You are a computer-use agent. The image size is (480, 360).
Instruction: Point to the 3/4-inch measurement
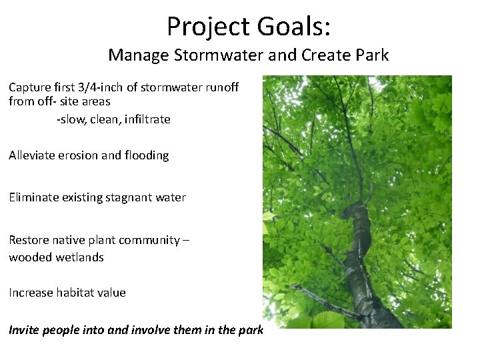coord(99,87)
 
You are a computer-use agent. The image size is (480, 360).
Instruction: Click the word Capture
coord(29,87)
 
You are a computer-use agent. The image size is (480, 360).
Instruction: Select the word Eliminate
coord(32,197)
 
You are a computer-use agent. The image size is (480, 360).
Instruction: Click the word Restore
coord(27,239)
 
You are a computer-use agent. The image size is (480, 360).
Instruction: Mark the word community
coord(151,239)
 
